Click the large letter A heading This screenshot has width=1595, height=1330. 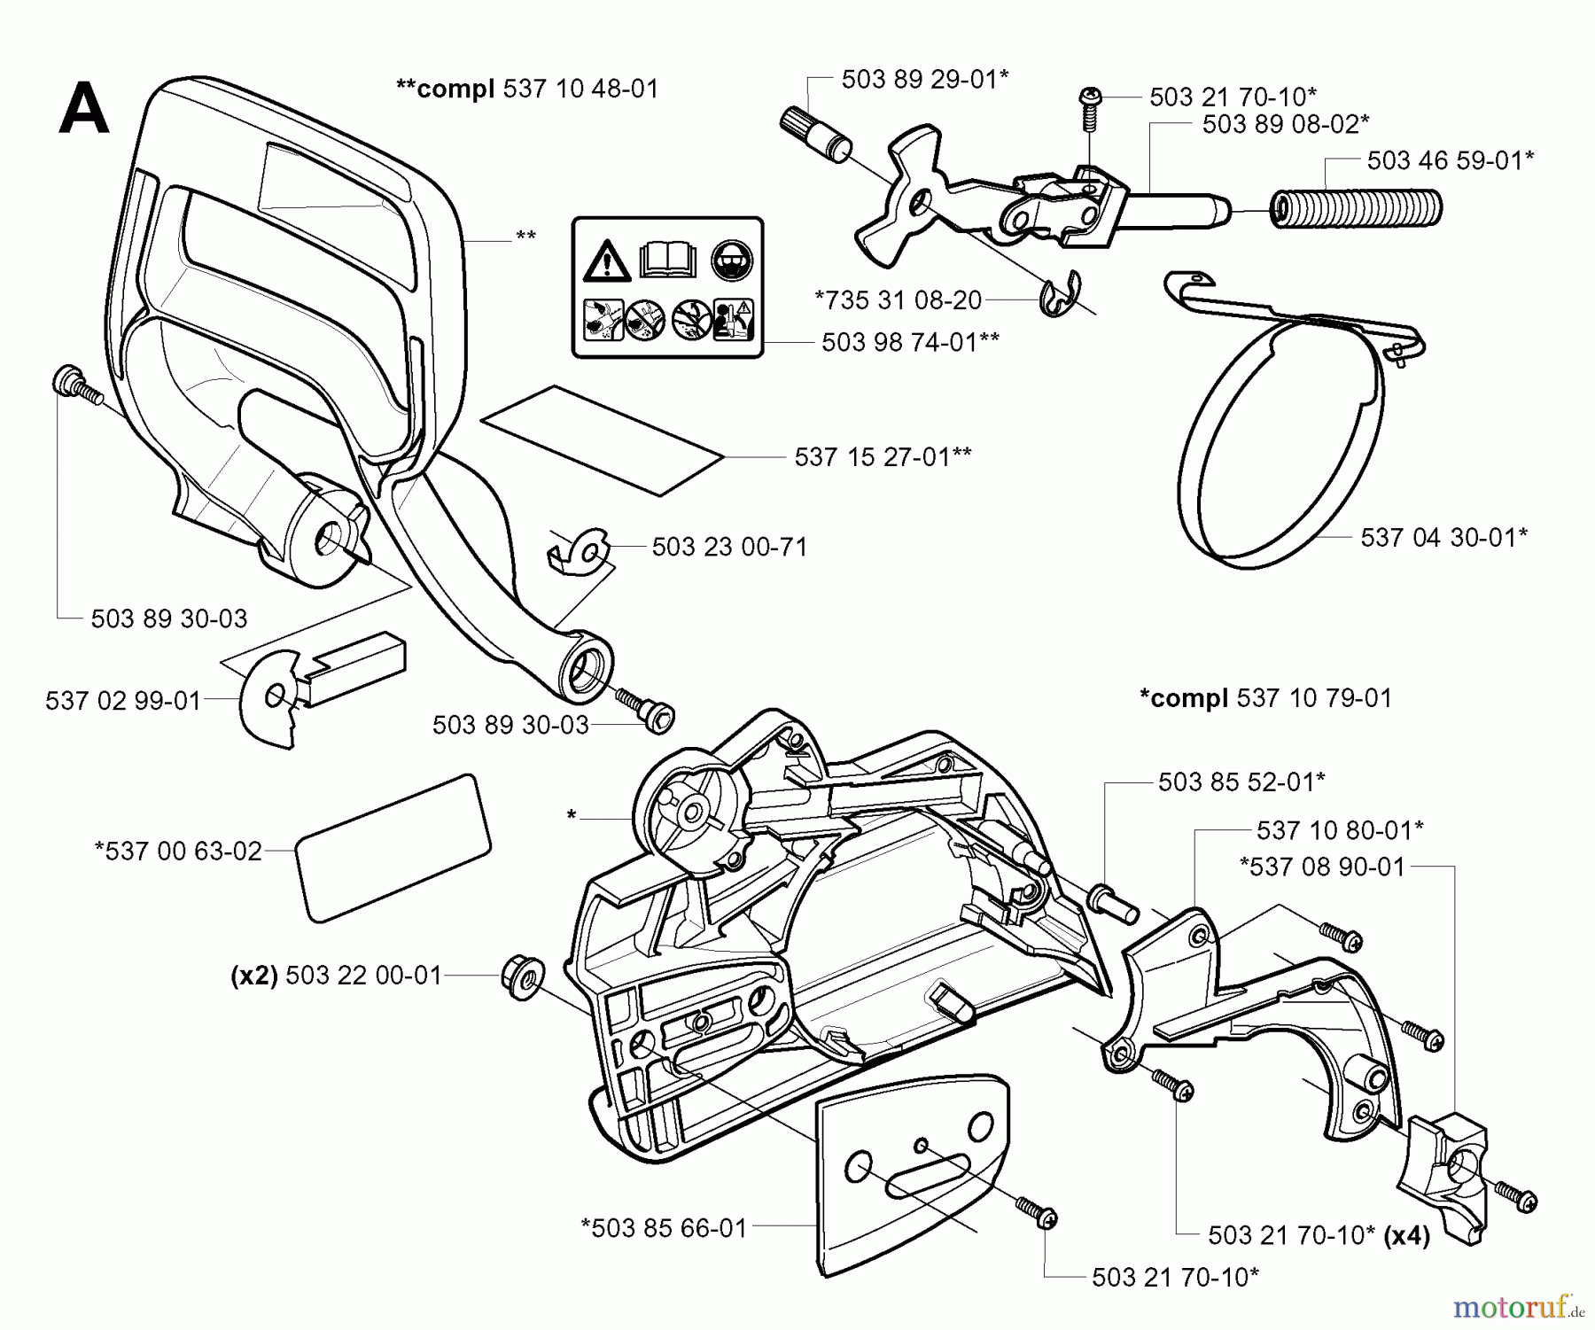coord(84,109)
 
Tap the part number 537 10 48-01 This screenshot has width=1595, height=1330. coord(580,89)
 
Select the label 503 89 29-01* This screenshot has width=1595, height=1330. coord(925,79)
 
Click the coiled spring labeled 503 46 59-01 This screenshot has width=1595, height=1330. coord(1356,208)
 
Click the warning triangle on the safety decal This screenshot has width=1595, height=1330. coord(606,261)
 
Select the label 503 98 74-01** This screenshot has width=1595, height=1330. coord(910,342)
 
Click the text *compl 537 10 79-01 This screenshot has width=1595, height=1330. coord(1264,698)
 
